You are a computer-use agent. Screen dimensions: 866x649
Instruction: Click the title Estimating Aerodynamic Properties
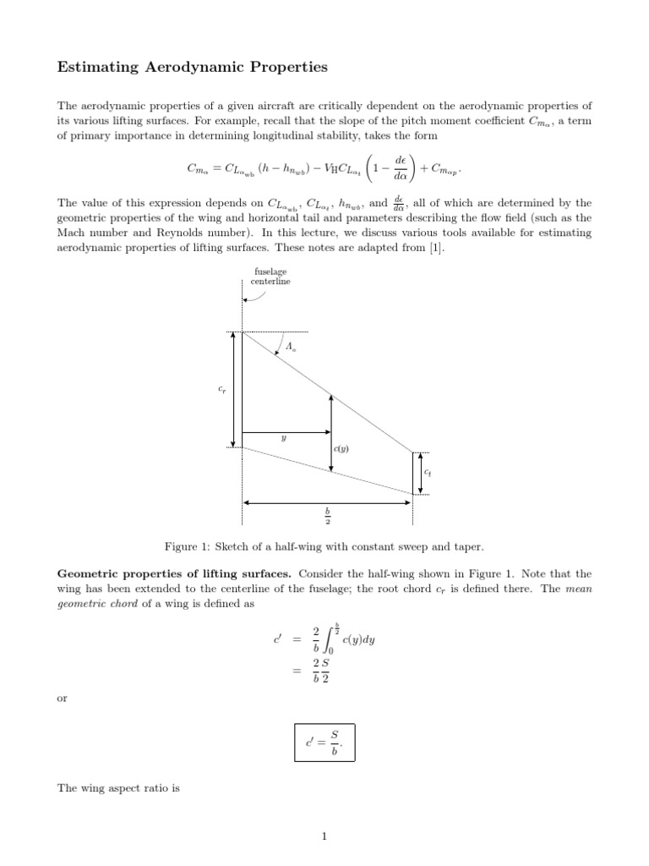point(191,68)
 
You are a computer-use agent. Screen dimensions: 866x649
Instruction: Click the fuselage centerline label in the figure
point(270,277)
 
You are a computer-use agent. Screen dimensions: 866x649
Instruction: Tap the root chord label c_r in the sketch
point(223,390)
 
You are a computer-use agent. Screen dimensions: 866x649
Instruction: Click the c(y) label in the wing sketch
point(341,450)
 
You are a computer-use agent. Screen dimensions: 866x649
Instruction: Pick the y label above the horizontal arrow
point(284,439)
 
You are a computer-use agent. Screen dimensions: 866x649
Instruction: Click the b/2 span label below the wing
point(327,515)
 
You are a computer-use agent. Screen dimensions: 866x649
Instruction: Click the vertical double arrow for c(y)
point(331,432)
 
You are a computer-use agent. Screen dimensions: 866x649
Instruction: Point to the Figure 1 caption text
point(324,547)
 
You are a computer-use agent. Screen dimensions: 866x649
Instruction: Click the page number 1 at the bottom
point(324,837)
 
